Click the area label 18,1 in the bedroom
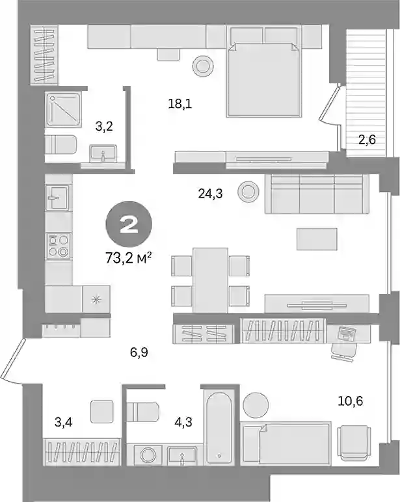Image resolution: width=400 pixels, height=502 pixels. click(x=180, y=104)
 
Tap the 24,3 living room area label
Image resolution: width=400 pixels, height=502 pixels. click(x=211, y=193)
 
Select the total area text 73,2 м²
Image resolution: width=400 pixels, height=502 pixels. click(x=128, y=258)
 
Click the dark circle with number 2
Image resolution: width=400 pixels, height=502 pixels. click(x=129, y=224)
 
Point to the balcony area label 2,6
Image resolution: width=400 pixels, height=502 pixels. click(x=367, y=140)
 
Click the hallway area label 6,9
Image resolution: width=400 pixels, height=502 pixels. click(x=139, y=353)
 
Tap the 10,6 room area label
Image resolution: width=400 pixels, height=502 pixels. click(x=351, y=401)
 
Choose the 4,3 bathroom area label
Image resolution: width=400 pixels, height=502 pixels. click(x=183, y=422)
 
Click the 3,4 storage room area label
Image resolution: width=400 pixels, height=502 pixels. click(x=63, y=422)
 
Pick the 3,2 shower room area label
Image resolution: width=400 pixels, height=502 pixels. click(x=104, y=127)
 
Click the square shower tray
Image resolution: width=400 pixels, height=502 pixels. click(x=62, y=109)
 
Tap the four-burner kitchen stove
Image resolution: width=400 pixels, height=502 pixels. click(x=59, y=246)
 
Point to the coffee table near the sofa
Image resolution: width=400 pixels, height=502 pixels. click(x=317, y=239)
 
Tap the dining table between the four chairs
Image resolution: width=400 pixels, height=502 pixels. click(x=211, y=280)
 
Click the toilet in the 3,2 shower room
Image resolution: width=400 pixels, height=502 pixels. click(x=60, y=145)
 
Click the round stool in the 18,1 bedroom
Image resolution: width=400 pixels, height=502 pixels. click(x=203, y=66)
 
